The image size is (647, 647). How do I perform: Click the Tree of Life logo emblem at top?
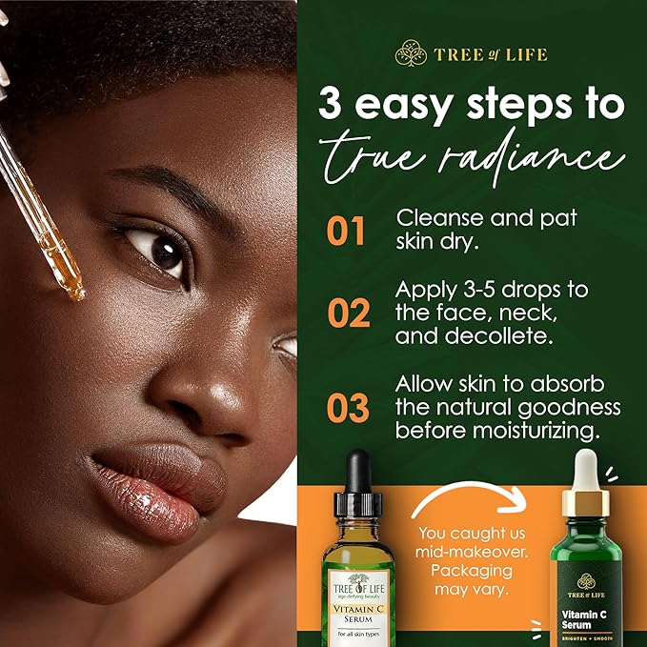coord(411,53)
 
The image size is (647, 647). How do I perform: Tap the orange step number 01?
coord(347,231)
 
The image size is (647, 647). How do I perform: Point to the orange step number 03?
coord(347,407)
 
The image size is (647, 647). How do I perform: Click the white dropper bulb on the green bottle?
coord(584,472)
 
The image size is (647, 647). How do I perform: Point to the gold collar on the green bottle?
coord(584,502)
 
